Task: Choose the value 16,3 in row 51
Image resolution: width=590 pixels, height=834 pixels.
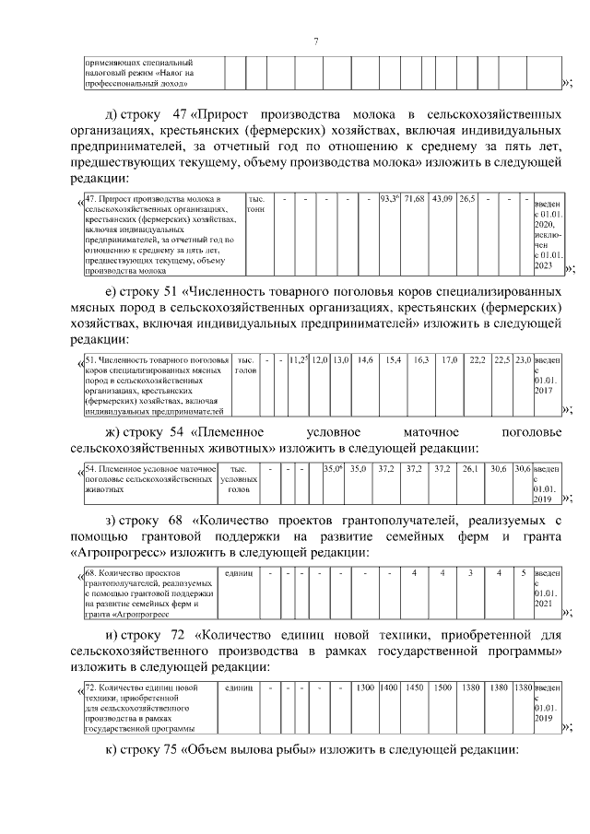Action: [x=421, y=359]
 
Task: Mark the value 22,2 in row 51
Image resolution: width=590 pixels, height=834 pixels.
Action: [x=477, y=359]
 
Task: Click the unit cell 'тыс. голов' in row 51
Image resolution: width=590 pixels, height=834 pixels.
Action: [x=245, y=365]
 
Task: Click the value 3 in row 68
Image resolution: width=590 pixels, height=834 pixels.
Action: [x=470, y=574]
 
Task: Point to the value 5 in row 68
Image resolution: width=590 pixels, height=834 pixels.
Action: [x=523, y=574]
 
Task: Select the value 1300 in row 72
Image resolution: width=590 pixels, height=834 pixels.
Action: [x=364, y=687]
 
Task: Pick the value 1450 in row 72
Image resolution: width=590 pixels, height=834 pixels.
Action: [x=415, y=687]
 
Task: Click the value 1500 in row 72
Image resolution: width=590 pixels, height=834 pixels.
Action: [x=442, y=687]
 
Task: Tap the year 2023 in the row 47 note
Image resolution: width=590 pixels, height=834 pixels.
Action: [x=543, y=264]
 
